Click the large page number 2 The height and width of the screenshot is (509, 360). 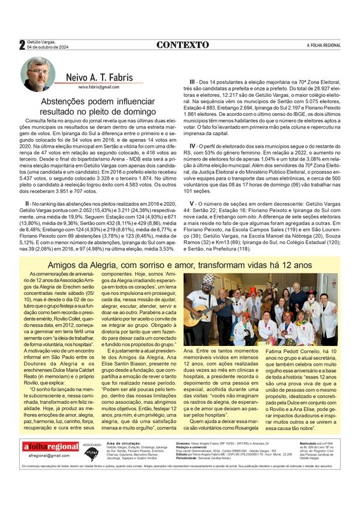(22, 45)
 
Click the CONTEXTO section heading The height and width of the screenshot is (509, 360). (182, 45)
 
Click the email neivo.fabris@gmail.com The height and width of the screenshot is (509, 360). (99, 87)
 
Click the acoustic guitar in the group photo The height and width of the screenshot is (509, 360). (199, 316)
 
